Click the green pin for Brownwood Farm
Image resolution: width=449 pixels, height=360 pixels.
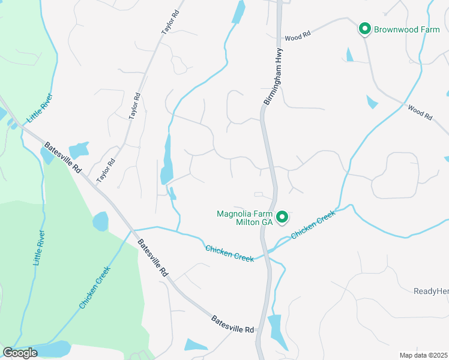click(x=364, y=28)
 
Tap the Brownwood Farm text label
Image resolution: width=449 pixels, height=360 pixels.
click(x=407, y=29)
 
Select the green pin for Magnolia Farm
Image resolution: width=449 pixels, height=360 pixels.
click(x=282, y=216)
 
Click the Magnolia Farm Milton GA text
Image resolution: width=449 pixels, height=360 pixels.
click(x=244, y=217)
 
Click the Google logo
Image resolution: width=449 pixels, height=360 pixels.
click(x=20, y=352)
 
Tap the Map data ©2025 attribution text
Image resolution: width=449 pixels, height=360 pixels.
click(x=423, y=355)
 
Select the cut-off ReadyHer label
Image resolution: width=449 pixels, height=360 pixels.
click(x=430, y=291)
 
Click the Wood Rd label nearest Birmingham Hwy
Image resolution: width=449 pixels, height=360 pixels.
click(x=298, y=37)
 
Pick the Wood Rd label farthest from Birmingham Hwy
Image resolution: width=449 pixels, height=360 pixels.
click(x=420, y=113)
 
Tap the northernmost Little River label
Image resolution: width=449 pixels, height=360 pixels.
click(x=41, y=107)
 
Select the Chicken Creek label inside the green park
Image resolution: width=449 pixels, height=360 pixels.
click(x=95, y=288)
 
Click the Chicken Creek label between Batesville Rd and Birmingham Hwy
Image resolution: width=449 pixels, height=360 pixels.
click(x=229, y=253)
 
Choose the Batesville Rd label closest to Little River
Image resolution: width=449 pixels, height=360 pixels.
click(x=62, y=158)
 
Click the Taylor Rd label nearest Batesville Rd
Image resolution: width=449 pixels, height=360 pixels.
click(x=106, y=170)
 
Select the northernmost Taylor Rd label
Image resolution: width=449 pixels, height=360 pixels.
click(x=170, y=21)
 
